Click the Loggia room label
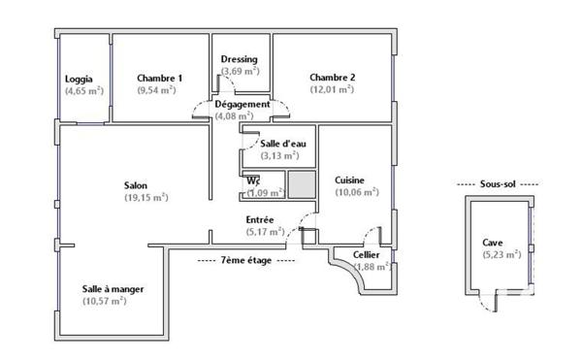tap(79, 79)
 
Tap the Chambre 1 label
tap(159, 79)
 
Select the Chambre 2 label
tap(333, 78)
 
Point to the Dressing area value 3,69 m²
tap(239, 71)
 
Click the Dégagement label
tap(242, 104)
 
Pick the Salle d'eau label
tap(279, 143)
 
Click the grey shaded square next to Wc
tap(302, 183)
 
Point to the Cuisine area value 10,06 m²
tap(357, 191)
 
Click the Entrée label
tap(259, 219)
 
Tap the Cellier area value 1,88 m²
tap(372, 267)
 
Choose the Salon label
tap(136, 185)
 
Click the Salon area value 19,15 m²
tap(146, 197)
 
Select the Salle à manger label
tap(111, 289)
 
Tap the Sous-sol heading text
tap(496, 183)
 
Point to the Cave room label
tap(493, 243)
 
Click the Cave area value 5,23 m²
tap(502, 254)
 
